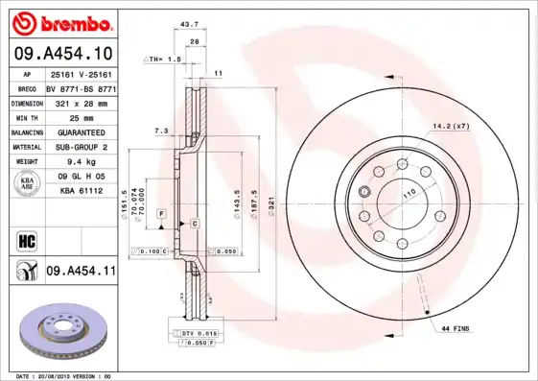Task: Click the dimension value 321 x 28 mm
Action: tap(79, 101)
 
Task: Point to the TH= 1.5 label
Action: tap(164, 59)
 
